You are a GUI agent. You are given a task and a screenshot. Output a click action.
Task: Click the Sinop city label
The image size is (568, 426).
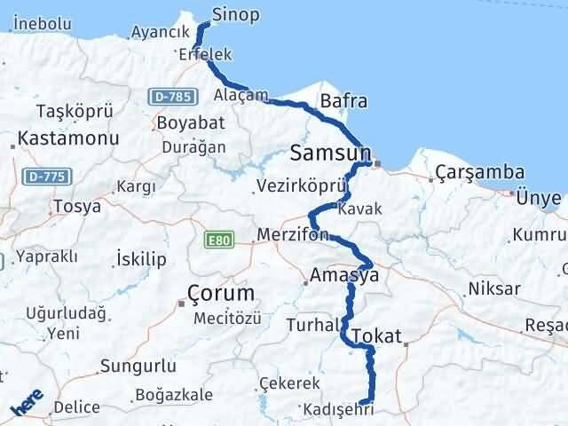pyautogui.click(x=236, y=14)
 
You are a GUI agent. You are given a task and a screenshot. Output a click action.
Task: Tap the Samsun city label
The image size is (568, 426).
pyautogui.click(x=330, y=154)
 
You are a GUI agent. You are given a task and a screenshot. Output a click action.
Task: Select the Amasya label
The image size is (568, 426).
pyautogui.click(x=345, y=276)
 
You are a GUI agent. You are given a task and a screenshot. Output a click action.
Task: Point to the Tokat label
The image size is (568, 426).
pyautogui.click(x=377, y=336)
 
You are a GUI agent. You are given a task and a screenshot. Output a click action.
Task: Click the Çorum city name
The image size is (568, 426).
pyautogui.click(x=221, y=293)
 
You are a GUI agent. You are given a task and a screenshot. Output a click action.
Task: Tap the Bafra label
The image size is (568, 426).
pyautogui.click(x=343, y=101)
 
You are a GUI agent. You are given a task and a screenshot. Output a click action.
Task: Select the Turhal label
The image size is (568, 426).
pyautogui.click(x=307, y=326)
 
